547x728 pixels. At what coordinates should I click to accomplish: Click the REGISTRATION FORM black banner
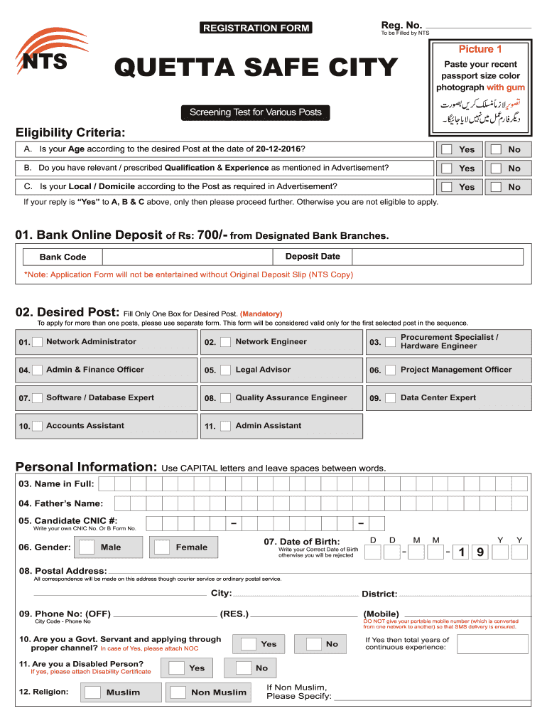click(256, 28)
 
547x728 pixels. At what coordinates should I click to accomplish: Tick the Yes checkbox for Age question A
click(446, 149)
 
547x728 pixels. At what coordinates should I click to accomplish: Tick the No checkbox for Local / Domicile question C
click(496, 187)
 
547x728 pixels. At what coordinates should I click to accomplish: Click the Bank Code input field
click(188, 257)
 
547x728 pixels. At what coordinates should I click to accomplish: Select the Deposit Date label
click(313, 257)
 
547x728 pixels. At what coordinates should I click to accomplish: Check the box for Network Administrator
click(38, 342)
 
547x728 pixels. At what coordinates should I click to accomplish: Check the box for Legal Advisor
click(225, 370)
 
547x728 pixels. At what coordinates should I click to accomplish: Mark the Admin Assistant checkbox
click(225, 426)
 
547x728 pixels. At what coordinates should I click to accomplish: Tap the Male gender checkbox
click(87, 547)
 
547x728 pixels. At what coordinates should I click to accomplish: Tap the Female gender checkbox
click(163, 547)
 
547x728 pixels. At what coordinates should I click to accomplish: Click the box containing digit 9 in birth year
click(480, 552)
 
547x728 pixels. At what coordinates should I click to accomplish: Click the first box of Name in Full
click(107, 484)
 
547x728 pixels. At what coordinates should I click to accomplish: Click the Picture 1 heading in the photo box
click(480, 49)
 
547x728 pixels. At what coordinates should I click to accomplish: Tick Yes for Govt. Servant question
click(248, 644)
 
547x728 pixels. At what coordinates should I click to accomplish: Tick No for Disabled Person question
click(244, 668)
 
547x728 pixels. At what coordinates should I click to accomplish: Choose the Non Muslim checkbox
click(178, 692)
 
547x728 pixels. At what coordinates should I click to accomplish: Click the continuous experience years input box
click(498, 644)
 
